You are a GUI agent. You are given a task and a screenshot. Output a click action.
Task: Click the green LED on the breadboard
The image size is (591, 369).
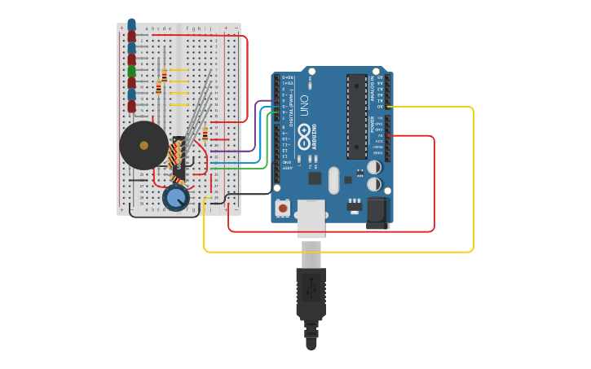(x=131, y=72)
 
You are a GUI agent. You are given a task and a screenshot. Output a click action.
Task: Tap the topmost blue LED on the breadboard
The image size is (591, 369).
(x=131, y=24)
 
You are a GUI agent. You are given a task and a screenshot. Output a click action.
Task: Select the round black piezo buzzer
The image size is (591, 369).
(x=144, y=145)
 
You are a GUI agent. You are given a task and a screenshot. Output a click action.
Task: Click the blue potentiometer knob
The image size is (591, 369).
(x=176, y=197)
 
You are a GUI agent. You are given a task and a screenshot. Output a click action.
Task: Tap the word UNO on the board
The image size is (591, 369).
(x=305, y=106)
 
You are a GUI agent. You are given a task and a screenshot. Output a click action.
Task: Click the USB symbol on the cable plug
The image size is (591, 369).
(x=311, y=290)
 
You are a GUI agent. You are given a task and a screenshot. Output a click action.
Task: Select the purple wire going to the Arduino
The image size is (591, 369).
(x=245, y=151)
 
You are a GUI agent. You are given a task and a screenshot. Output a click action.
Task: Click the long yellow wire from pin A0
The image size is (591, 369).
(x=473, y=179)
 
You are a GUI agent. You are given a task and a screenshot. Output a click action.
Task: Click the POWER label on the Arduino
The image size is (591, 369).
(x=373, y=125)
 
